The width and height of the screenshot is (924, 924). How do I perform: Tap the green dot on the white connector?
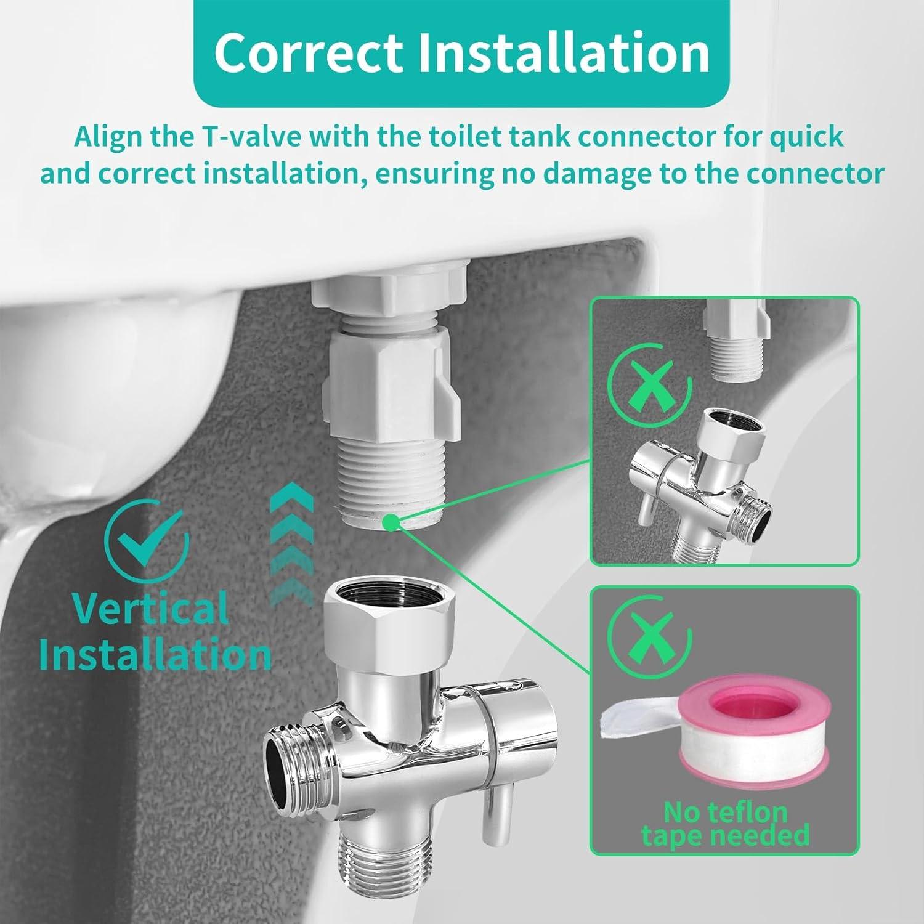389,523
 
